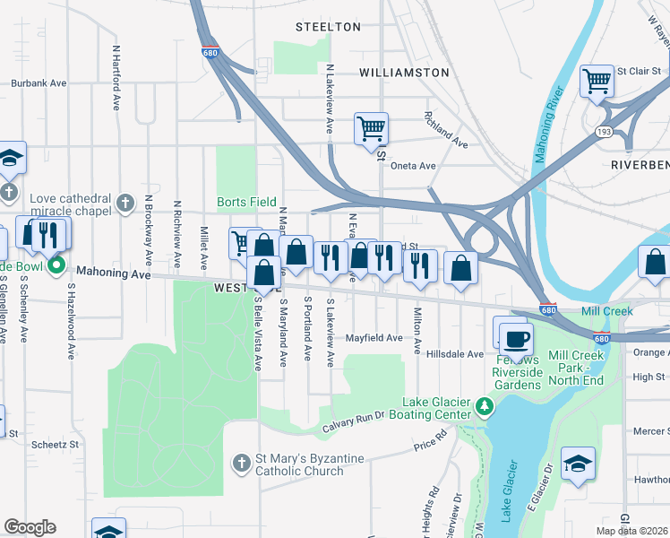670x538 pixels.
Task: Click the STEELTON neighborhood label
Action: click(328, 27)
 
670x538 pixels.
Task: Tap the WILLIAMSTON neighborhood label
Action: click(404, 72)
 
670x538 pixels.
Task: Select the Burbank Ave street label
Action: click(39, 83)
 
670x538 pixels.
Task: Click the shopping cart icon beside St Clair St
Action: click(596, 82)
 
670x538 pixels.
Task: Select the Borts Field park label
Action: click(246, 203)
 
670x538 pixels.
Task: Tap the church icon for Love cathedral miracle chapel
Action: click(125, 204)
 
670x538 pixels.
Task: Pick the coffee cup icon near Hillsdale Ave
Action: click(516, 340)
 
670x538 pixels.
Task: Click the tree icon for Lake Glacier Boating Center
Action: click(485, 407)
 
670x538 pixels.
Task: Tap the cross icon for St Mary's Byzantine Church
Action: click(240, 464)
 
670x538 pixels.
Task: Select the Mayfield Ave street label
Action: click(374, 338)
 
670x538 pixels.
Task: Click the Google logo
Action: click(30, 527)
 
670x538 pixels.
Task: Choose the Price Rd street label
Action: click(430, 440)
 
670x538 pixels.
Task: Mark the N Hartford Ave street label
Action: click(116, 78)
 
